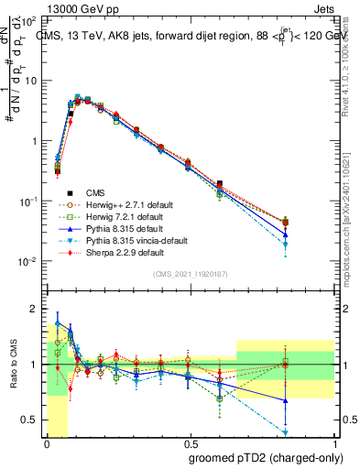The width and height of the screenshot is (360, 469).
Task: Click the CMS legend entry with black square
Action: [x=94, y=192]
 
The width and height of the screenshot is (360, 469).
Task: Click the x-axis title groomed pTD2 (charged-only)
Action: [x=265, y=458]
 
